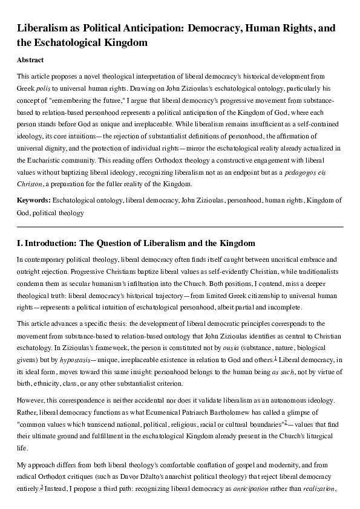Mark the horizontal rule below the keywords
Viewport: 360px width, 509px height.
(180, 227)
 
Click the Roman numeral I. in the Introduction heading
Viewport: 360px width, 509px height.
(20, 243)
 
